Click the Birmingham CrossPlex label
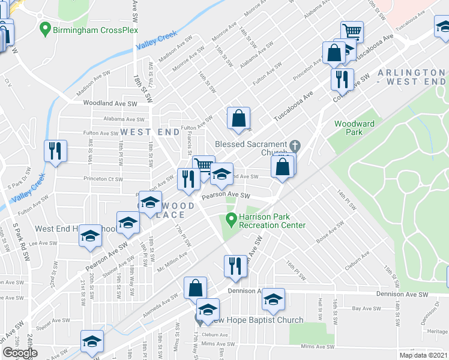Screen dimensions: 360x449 click(96, 30)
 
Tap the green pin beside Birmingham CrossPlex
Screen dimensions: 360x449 click(44, 28)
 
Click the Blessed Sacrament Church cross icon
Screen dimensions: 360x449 click(295, 145)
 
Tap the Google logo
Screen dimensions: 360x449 click(20, 353)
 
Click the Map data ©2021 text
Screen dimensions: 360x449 click(423, 355)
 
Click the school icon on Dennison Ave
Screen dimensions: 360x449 click(273, 300)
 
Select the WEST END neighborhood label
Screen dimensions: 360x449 click(149, 131)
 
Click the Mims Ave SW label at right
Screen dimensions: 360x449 click(316, 347)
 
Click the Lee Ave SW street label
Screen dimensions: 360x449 click(43, 244)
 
